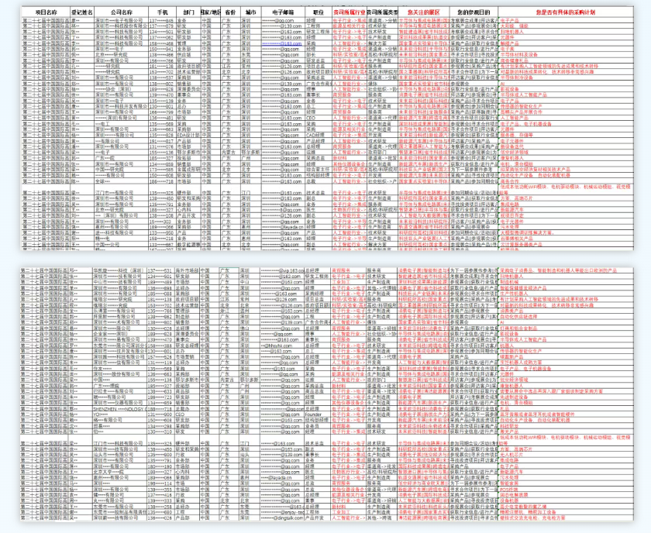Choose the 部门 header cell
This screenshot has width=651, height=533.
point(188,13)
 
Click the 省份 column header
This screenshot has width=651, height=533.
point(230,13)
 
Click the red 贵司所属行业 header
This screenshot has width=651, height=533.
point(349,13)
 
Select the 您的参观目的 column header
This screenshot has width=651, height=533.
point(474,13)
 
